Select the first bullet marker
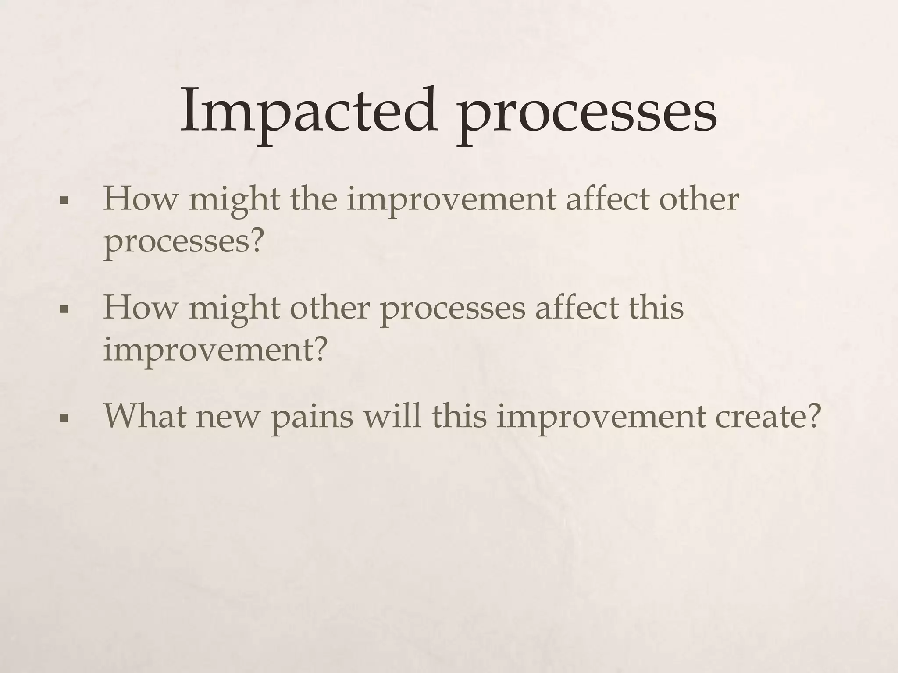click(64, 202)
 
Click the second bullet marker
click(64, 310)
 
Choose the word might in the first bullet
click(234, 201)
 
